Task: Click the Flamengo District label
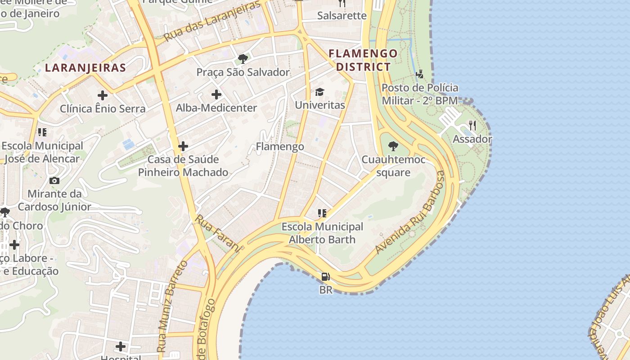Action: (x=363, y=60)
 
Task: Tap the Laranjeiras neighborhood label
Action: (x=85, y=68)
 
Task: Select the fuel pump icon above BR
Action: (x=325, y=276)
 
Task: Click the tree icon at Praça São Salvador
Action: (x=243, y=58)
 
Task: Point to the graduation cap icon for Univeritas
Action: (x=319, y=92)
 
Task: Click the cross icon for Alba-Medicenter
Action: (x=216, y=94)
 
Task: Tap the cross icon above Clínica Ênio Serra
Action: (x=103, y=95)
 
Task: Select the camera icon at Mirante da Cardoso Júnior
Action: (x=54, y=180)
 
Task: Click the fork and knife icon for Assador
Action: (x=472, y=126)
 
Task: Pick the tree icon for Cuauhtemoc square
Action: (x=393, y=146)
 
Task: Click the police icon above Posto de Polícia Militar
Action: (x=419, y=74)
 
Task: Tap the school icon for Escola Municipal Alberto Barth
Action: (x=322, y=213)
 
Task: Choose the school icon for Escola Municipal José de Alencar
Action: (x=42, y=132)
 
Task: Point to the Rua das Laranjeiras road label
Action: (x=212, y=22)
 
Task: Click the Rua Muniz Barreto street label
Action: (x=172, y=306)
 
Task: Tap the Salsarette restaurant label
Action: (x=342, y=16)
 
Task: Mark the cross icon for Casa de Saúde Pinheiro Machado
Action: (x=183, y=146)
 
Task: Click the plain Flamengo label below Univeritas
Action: (x=280, y=147)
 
